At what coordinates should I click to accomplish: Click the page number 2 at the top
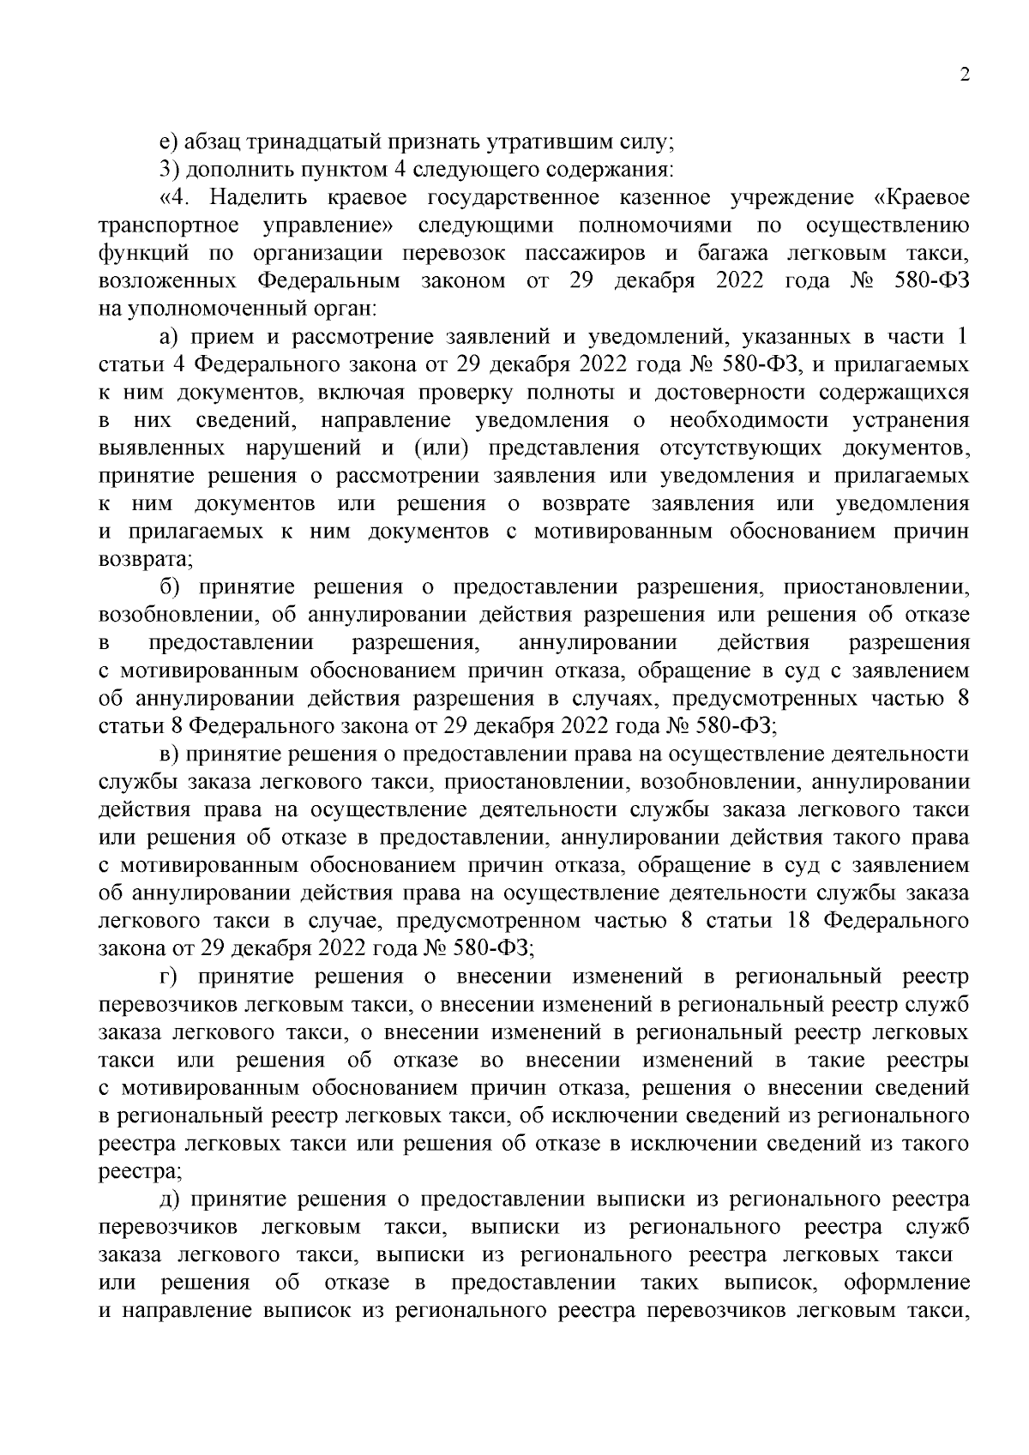pos(964,75)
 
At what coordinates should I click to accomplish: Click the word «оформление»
pos(906,1283)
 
